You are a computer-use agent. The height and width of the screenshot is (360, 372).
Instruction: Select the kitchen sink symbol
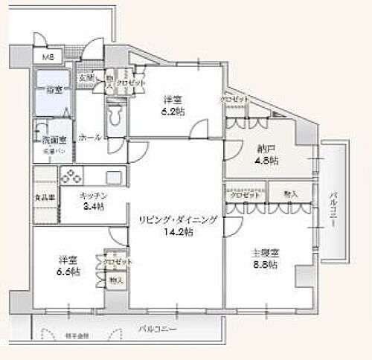[114, 178]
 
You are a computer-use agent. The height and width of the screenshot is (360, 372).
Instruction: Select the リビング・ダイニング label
[177, 220]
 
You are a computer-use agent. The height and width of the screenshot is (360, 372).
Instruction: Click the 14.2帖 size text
[177, 232]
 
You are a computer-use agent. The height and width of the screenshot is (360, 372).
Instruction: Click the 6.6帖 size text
[70, 272]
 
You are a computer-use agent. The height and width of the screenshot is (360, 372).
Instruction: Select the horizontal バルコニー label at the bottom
[157, 327]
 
